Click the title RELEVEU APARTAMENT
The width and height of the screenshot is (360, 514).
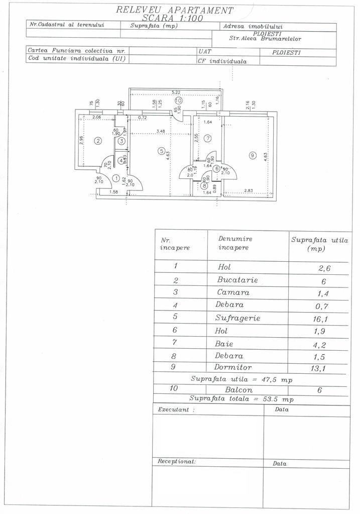(174, 10)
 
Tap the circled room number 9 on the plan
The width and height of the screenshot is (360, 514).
(252, 156)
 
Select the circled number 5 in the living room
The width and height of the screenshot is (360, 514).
(161, 150)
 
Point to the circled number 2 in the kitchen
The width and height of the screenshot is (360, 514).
(99, 141)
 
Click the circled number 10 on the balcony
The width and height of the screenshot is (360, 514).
(178, 100)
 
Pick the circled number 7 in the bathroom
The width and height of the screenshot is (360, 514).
(207, 138)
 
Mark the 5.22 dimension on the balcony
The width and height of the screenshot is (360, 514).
(176, 92)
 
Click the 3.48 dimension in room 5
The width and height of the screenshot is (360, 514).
(161, 132)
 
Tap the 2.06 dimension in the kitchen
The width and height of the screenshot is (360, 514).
(97, 117)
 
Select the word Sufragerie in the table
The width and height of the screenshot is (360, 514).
(238, 318)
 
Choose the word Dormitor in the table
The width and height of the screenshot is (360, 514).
(234, 367)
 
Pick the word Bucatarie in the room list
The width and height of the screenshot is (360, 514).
(237, 280)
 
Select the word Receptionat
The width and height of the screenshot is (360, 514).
(176, 461)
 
